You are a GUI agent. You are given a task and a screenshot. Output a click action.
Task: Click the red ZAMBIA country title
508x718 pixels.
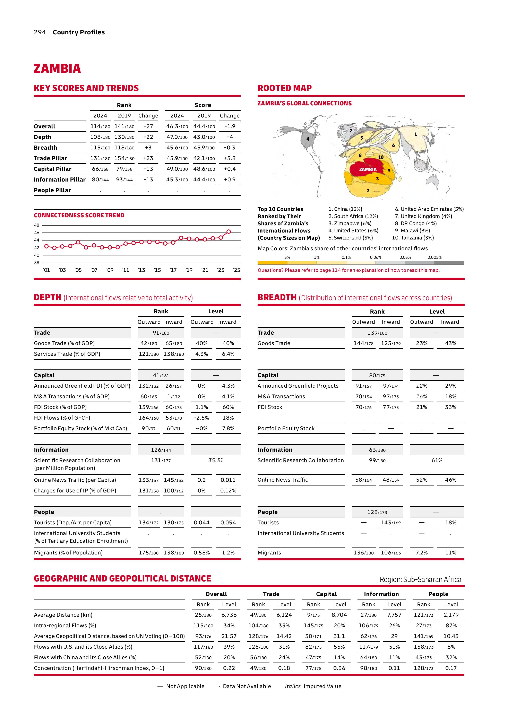(x=57, y=69)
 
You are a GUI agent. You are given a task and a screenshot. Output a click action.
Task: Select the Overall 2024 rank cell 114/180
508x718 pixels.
(x=100, y=126)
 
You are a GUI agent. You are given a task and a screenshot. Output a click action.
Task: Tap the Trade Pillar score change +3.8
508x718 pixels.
(x=230, y=158)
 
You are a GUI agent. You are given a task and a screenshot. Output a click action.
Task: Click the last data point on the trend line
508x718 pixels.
(x=229, y=232)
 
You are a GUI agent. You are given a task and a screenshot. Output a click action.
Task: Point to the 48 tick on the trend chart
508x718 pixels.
(x=37, y=225)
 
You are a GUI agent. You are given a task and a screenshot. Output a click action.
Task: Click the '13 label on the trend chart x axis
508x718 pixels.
(x=141, y=270)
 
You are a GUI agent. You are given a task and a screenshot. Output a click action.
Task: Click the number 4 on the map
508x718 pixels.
(x=308, y=139)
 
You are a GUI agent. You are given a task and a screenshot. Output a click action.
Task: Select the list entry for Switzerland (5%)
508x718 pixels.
(x=350, y=238)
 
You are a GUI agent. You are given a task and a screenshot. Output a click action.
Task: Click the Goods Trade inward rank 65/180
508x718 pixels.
(x=174, y=343)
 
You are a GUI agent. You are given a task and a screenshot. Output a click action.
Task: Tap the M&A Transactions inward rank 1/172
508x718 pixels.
(x=174, y=396)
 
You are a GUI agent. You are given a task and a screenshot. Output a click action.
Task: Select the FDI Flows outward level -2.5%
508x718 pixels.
(x=202, y=418)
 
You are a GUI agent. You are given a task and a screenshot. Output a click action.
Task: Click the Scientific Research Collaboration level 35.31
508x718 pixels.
(x=216, y=460)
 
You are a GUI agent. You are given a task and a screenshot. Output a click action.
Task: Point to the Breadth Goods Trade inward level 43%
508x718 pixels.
(x=450, y=343)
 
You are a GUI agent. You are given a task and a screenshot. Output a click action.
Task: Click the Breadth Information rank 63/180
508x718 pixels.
(x=377, y=450)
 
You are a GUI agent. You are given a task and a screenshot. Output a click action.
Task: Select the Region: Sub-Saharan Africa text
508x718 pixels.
(x=420, y=579)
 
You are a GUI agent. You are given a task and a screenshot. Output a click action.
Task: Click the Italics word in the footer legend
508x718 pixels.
(x=292, y=686)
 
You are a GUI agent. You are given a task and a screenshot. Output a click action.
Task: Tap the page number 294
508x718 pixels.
(x=40, y=32)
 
